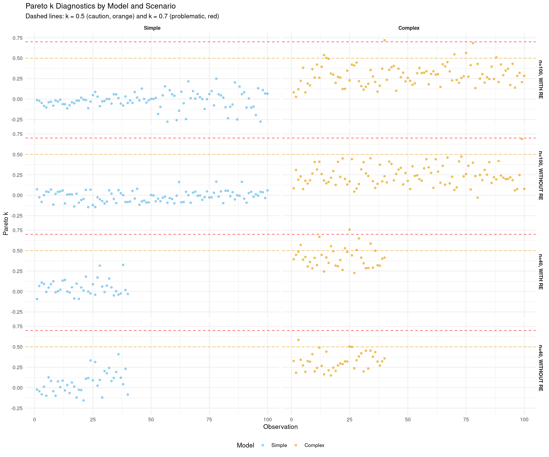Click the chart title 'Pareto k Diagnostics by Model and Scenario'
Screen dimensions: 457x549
pos(100,6)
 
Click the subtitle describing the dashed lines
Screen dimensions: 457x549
pos(122,16)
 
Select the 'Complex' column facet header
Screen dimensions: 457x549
pos(409,28)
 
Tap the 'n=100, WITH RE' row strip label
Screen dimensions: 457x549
pos(540,79)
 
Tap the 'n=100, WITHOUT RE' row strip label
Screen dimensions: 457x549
pos(540,175)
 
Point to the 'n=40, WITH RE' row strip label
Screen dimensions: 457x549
pos(540,272)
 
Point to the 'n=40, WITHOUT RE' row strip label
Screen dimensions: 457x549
pos(540,368)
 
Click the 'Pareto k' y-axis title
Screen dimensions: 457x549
pos(6,223)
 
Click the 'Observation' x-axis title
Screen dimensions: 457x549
pos(280,427)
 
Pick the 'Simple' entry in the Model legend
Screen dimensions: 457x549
pos(279,445)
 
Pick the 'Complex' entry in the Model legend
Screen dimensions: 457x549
pos(314,445)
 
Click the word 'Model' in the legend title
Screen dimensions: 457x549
pos(245,445)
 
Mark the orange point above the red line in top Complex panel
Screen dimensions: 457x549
pos(384,40)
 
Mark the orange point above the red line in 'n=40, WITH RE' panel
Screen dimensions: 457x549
pos(350,229)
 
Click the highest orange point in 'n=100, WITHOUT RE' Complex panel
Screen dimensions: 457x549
pos(522,139)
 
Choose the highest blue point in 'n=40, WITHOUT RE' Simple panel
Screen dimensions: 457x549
pos(118,354)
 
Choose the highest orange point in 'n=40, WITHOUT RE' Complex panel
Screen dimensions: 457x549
pos(298,340)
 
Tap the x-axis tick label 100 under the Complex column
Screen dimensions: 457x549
pos(524,420)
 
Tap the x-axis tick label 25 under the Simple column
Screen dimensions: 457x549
pos(93,420)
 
